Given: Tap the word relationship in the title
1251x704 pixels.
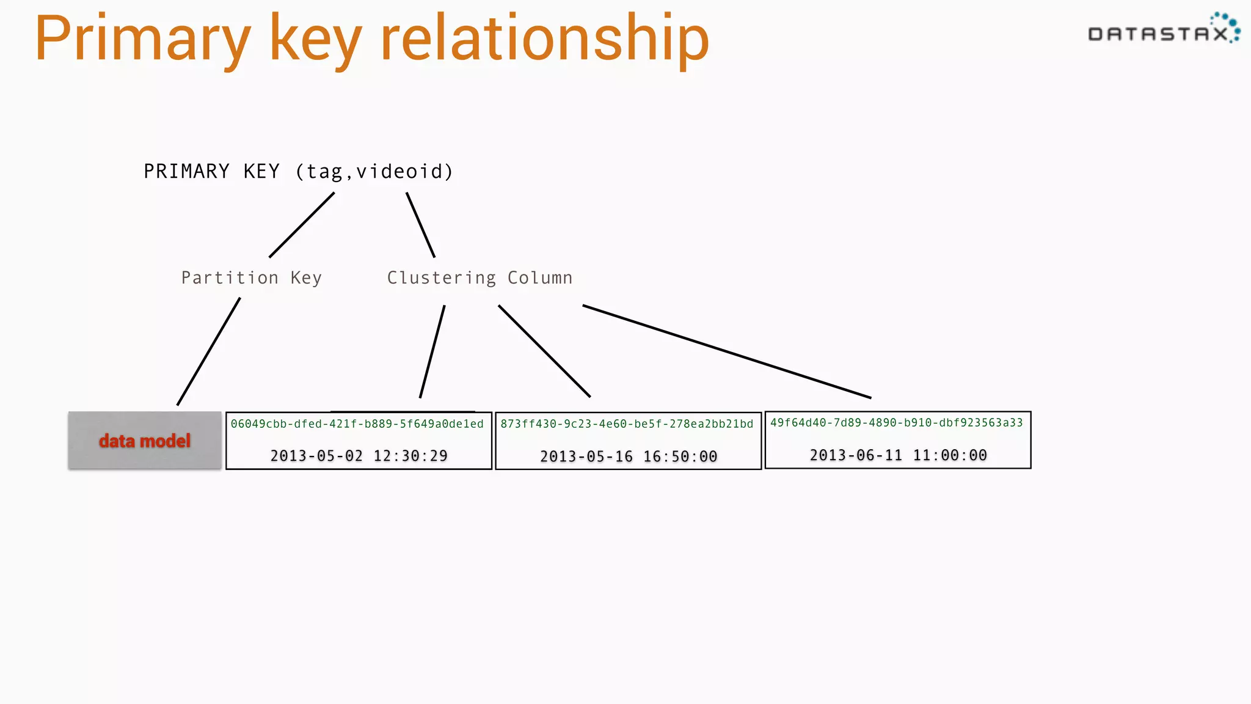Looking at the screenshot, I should pyautogui.click(x=544, y=38).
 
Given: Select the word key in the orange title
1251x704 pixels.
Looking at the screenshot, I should pyautogui.click(x=315, y=40).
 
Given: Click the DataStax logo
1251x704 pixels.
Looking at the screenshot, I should pyautogui.click(x=1163, y=30).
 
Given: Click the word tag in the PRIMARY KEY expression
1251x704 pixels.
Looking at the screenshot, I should pyautogui.click(x=324, y=172).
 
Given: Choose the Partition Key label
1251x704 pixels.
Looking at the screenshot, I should pyautogui.click(x=251, y=278).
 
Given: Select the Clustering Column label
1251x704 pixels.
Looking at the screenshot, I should pyautogui.click(x=480, y=278).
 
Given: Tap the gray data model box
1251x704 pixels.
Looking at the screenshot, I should pyautogui.click(x=145, y=441).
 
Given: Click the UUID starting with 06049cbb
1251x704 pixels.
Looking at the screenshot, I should pyautogui.click(x=357, y=424).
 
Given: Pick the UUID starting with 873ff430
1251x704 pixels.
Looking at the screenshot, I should pyautogui.click(x=627, y=424).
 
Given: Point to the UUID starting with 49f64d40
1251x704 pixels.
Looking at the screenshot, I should pyautogui.click(x=896, y=423).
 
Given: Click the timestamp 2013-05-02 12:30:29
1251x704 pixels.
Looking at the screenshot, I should pyautogui.click(x=359, y=456).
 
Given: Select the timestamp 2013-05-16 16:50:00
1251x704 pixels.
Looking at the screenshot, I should pyautogui.click(x=629, y=457).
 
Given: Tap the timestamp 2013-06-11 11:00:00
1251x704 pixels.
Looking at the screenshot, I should pyautogui.click(x=898, y=455).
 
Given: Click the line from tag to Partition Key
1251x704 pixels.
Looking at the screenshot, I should pyautogui.click(x=302, y=225).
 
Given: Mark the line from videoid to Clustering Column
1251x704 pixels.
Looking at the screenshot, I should pyautogui.click(x=421, y=225).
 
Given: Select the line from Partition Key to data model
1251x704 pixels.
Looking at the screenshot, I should pyautogui.click(x=208, y=351).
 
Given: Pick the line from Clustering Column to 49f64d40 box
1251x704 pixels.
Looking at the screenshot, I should pyautogui.click(x=727, y=351).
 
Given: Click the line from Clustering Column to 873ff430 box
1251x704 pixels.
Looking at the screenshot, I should pyautogui.click(x=544, y=351).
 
